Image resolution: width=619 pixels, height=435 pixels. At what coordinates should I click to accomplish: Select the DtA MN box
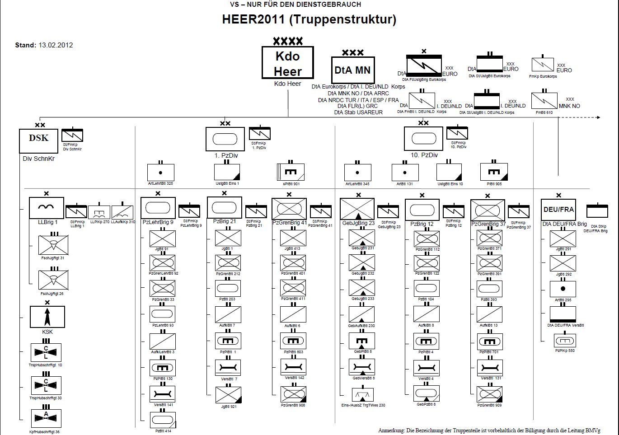point(352,70)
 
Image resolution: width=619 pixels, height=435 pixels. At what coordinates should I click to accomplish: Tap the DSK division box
point(38,140)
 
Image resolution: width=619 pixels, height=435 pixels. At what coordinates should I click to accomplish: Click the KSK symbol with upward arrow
point(47,317)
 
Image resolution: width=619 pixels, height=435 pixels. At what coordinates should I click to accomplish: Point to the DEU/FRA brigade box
point(558,210)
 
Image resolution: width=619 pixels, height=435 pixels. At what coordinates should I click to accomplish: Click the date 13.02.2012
point(56,45)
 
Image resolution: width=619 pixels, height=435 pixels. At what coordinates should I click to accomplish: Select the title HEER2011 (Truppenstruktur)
point(309,19)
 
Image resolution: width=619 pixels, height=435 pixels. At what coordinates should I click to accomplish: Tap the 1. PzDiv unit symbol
point(225,139)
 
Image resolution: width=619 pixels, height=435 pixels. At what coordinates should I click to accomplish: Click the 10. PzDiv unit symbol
point(423,139)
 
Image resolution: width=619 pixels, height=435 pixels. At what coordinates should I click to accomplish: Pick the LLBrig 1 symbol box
point(47,208)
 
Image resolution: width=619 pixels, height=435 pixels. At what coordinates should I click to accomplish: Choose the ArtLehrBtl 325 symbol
point(160,172)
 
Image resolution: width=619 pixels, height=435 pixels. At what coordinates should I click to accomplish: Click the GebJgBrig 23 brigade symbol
point(357,210)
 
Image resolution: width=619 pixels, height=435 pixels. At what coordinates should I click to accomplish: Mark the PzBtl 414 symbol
point(163,420)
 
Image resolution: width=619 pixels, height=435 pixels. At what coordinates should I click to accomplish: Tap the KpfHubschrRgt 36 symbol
point(46,418)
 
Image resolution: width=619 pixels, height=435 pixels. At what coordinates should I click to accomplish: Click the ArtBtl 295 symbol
point(563,289)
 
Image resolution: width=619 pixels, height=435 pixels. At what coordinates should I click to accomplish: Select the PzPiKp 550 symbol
point(565,341)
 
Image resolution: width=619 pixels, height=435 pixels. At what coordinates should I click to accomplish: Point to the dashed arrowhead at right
point(598,117)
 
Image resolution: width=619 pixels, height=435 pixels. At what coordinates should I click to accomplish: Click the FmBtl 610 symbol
point(544,101)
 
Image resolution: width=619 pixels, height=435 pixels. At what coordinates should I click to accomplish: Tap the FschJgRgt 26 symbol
point(53,280)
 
